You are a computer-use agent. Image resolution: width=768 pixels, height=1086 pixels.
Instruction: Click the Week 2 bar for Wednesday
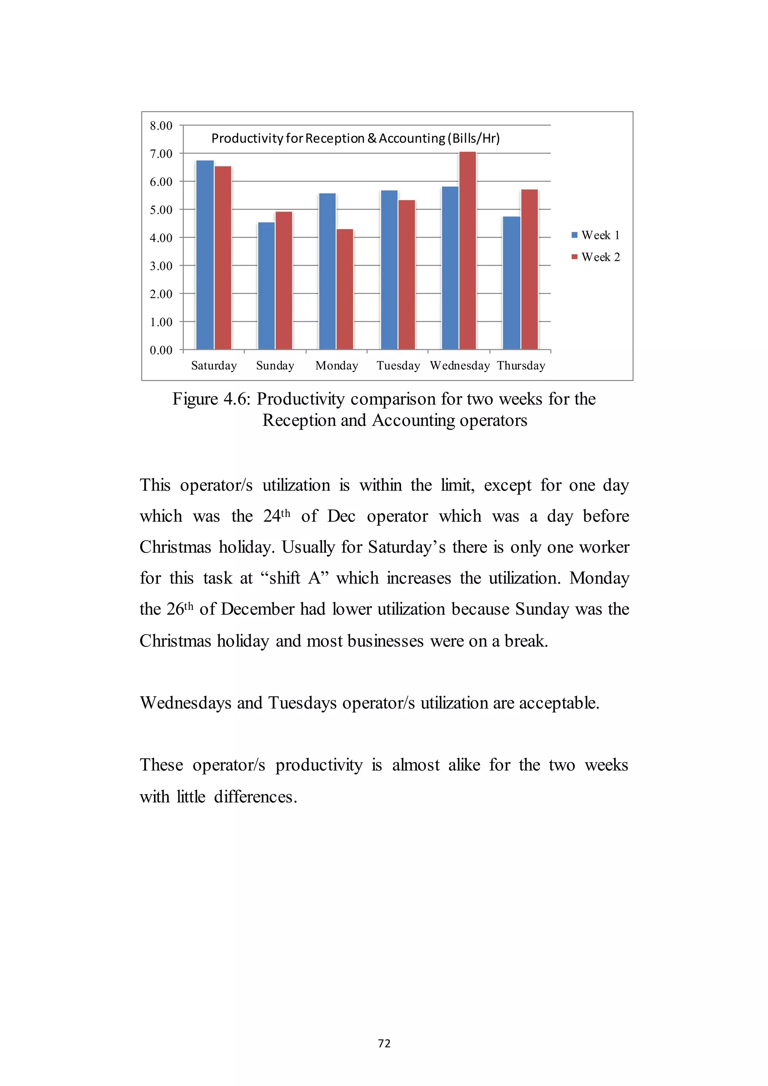click(467, 251)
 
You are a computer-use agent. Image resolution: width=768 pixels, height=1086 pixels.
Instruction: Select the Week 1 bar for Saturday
click(205, 255)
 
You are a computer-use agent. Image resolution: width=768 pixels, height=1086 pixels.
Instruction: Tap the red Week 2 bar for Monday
click(345, 289)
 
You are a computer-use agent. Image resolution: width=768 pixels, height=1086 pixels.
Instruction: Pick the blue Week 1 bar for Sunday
click(266, 286)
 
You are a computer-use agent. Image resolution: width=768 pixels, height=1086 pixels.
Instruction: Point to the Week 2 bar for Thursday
click(529, 270)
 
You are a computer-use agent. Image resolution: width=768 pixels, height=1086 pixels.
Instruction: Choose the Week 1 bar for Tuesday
click(389, 270)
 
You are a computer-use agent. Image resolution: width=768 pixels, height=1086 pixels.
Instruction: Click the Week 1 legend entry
click(595, 235)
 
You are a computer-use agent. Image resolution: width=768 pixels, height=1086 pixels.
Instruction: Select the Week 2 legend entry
click(595, 257)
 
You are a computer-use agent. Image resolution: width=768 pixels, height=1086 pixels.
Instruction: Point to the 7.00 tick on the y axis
click(161, 154)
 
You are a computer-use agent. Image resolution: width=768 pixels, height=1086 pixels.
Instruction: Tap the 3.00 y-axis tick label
click(161, 266)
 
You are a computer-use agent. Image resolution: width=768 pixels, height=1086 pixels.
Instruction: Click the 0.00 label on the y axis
click(161, 350)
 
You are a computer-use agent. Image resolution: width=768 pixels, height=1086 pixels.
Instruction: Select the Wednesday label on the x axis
click(460, 366)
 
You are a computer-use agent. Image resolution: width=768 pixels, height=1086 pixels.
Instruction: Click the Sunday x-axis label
click(275, 366)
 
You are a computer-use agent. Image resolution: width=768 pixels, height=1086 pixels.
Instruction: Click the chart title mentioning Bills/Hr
click(355, 138)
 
